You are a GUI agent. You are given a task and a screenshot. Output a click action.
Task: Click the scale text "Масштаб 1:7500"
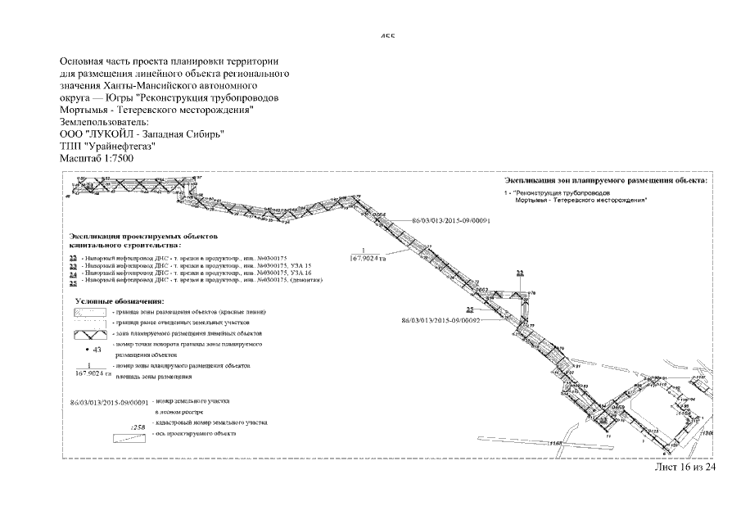coord(97,158)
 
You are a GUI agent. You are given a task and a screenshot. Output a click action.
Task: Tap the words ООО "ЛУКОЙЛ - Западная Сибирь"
coord(142,133)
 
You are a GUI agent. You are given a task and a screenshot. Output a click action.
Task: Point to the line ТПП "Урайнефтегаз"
coord(107,146)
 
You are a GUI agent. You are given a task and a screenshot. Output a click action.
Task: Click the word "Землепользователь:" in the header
coord(105,121)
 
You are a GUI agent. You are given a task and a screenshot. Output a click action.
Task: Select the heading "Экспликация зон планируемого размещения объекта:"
coord(605,179)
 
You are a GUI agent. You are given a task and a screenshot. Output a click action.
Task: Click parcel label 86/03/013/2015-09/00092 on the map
coord(439,321)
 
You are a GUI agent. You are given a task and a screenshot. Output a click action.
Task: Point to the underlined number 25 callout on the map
coord(471,309)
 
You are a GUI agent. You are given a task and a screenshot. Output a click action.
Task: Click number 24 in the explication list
coord(74,273)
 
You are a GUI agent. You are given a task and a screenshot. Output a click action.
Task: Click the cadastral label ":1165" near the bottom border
coord(558,444)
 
